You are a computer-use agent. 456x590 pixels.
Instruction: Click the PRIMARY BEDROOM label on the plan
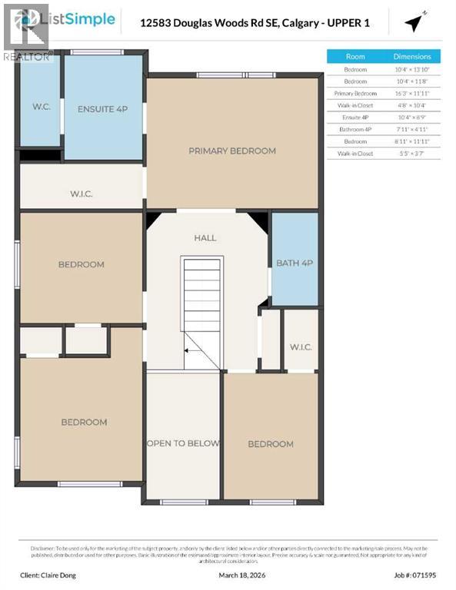coord(231,151)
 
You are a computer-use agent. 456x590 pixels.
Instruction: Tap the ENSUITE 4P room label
coord(102,109)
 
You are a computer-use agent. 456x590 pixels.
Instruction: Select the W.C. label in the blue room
coord(41,106)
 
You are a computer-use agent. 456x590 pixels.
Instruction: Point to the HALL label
coord(205,238)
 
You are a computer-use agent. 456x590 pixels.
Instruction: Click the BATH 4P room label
coord(294,264)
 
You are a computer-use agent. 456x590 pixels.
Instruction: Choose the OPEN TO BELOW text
coord(183,443)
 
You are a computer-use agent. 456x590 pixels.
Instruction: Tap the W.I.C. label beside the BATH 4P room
coord(300,346)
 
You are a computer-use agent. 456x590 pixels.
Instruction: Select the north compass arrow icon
coord(415,24)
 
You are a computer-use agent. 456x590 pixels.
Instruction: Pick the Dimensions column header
coord(412,57)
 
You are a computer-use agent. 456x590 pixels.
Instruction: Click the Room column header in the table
coord(355,57)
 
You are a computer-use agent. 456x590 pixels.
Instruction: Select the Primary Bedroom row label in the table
coord(355,93)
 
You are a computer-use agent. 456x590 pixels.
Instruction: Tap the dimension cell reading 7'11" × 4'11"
coord(412,128)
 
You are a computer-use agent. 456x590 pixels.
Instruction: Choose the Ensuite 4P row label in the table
coord(355,117)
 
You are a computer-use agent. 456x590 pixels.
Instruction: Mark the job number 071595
coord(424,574)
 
